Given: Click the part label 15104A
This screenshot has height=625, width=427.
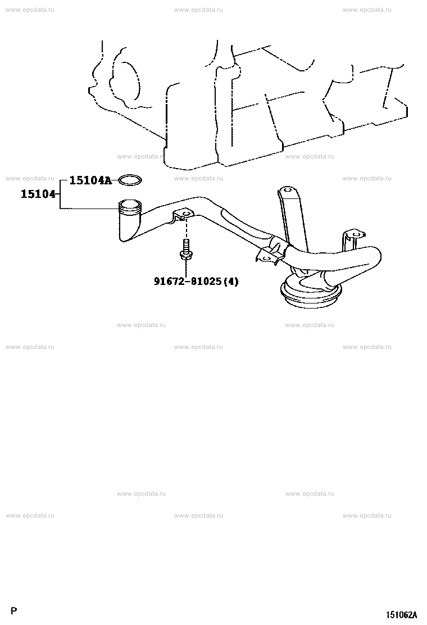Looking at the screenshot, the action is pos(90,180).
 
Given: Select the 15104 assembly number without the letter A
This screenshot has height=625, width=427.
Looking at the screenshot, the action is pos(38,194).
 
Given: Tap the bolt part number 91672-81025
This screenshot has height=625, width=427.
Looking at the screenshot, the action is pos(187,282).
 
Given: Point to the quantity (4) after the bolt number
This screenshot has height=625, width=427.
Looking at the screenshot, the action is pos(230,282).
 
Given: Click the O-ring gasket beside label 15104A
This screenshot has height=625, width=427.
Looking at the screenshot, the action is pos(130,180).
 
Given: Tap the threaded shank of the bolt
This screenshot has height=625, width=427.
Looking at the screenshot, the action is pos(185,244).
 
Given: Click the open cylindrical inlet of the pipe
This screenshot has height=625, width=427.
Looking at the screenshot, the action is pos(130,205).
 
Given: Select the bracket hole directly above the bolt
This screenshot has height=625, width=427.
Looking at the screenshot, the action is pos(184,215).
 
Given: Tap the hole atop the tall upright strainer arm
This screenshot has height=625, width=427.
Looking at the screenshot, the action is pos(288,190).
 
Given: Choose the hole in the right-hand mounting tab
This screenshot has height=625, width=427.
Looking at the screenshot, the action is pos(356,234).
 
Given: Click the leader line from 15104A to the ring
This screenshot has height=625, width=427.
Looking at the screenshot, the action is pos(116,180).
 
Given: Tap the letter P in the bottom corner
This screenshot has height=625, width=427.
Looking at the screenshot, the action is pos(15,610).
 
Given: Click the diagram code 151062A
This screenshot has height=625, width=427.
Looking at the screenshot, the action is pos(401,615).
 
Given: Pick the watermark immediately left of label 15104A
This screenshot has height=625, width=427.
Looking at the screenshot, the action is pos(30,178).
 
